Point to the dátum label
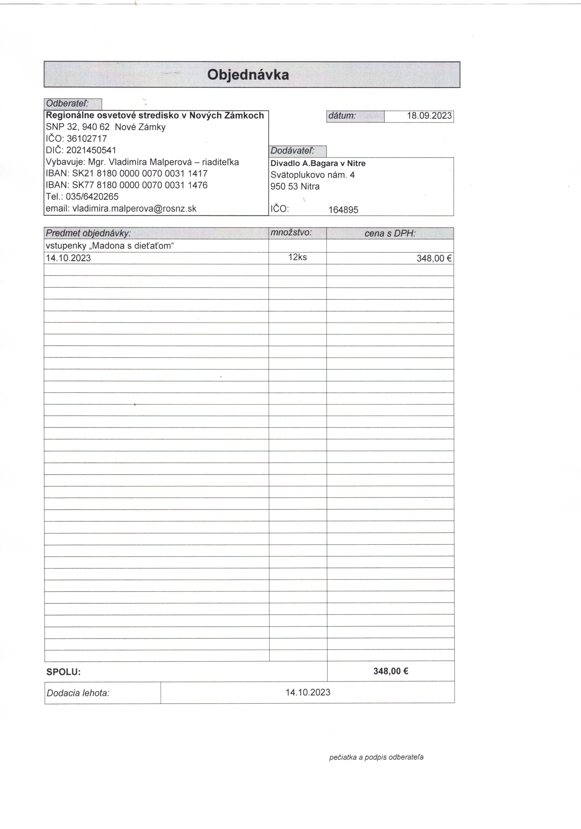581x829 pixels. [x=342, y=116]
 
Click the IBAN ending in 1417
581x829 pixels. [x=140, y=173]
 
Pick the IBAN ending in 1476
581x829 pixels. [x=140, y=185]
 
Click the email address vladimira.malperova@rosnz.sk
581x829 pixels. [x=134, y=209]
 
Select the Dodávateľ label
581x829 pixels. [x=293, y=151]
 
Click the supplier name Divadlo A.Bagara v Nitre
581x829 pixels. [x=318, y=164]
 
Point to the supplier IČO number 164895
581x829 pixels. [x=343, y=210]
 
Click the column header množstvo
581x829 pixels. [x=291, y=233]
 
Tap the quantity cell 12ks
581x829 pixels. [x=298, y=257]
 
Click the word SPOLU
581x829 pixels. [x=64, y=672]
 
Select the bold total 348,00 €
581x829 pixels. [x=391, y=671]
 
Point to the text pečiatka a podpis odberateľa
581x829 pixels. [x=376, y=757]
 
